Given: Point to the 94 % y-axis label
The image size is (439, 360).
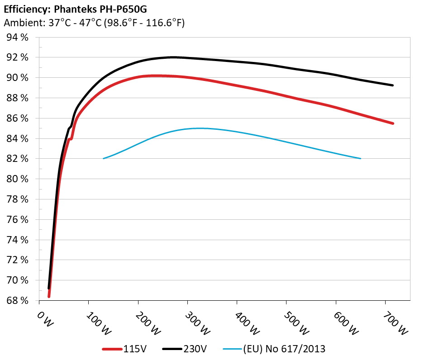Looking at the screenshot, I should coord(18,38).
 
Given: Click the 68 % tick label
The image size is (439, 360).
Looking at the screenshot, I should coord(18,301).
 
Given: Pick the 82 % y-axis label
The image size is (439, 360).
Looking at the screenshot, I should coord(18,159).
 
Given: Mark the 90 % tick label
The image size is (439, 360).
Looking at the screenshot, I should coord(18,78).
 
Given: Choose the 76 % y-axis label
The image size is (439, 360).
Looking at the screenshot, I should coord(18,220).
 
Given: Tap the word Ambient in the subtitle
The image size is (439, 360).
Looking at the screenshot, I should coord(21,23).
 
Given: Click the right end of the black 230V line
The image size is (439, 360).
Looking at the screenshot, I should coord(392,85).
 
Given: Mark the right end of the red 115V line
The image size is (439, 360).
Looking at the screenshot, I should coord(392,123).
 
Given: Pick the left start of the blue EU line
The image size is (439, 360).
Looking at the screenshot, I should coord(104,158).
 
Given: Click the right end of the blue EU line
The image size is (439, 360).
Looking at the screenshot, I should coord(360,158).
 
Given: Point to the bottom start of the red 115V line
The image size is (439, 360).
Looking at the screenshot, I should coord(49,296).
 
